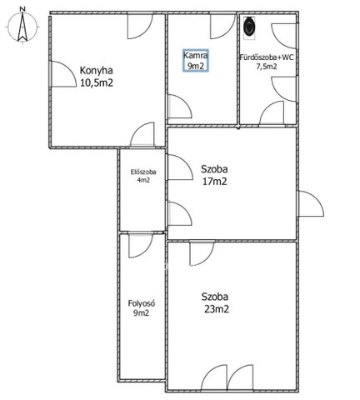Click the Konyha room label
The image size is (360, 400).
click(97, 71)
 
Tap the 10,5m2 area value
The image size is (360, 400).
click(97, 82)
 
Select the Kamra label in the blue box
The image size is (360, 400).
click(196, 56)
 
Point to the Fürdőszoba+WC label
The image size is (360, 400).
click(267, 57)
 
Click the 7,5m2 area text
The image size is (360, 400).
click(267, 67)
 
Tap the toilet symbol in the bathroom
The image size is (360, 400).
click(249, 27)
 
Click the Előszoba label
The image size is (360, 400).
click(143, 172)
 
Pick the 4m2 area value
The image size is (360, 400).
click(143, 180)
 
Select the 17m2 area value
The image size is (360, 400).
click(214, 182)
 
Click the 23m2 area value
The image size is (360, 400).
click(217, 309)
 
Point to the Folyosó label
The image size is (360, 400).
click(142, 303)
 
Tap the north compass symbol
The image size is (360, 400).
click(22, 27)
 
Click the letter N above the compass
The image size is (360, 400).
click(22, 9)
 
